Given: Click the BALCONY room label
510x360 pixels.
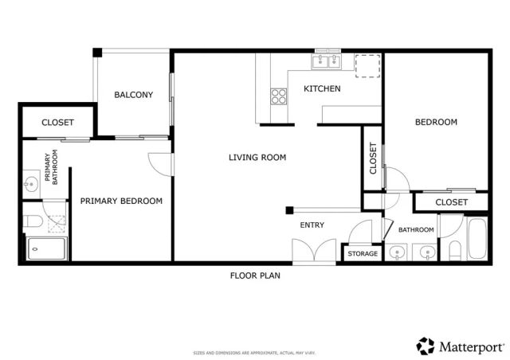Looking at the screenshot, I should point(133,95).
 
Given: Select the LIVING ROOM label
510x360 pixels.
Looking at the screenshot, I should point(257,158).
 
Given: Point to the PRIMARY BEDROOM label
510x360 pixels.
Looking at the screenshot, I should point(121,202).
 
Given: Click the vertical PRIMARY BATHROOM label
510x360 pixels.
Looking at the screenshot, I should point(51,168).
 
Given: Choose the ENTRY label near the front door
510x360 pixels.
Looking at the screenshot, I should point(312,225).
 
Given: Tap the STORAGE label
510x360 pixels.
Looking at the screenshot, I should point(363,253).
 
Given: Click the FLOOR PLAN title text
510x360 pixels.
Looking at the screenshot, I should point(255,276).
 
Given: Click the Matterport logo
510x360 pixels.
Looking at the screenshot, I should point(460,346).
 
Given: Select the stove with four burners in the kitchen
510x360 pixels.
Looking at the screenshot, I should point(279,96).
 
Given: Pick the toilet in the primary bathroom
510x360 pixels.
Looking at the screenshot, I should point(33,221).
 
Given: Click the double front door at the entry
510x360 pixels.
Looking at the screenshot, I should point(308,252).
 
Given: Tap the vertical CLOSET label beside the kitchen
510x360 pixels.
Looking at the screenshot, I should point(373,158).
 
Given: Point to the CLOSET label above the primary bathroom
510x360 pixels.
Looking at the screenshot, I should point(57,123).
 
